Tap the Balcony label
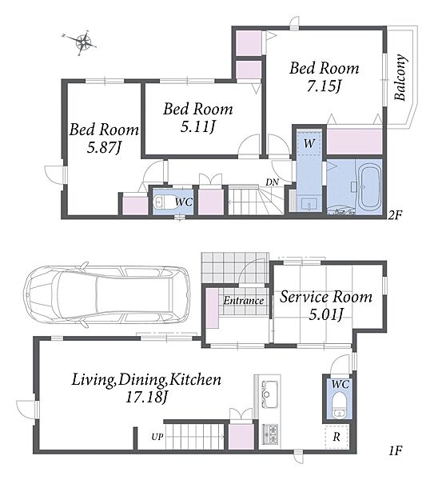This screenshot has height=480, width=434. [x=400, y=78]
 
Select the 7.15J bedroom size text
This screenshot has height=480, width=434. [x=325, y=86]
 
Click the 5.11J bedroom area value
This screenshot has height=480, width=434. [x=197, y=126]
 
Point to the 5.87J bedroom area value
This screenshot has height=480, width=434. [x=105, y=148]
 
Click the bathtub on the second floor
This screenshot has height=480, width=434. [x=370, y=189]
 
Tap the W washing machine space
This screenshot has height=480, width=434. [x=309, y=143]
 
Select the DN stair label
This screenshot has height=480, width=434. [x=273, y=182]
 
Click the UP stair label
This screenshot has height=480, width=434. [x=157, y=437]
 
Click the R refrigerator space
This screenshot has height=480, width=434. [x=336, y=437]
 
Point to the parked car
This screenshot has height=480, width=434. [x=106, y=294]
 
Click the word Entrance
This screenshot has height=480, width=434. [x=244, y=301]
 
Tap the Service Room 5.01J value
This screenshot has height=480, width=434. [x=325, y=314]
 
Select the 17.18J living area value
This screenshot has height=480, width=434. [x=146, y=398]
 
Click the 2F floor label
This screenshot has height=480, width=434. [x=395, y=215]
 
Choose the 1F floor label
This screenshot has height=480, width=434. [x=395, y=450]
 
